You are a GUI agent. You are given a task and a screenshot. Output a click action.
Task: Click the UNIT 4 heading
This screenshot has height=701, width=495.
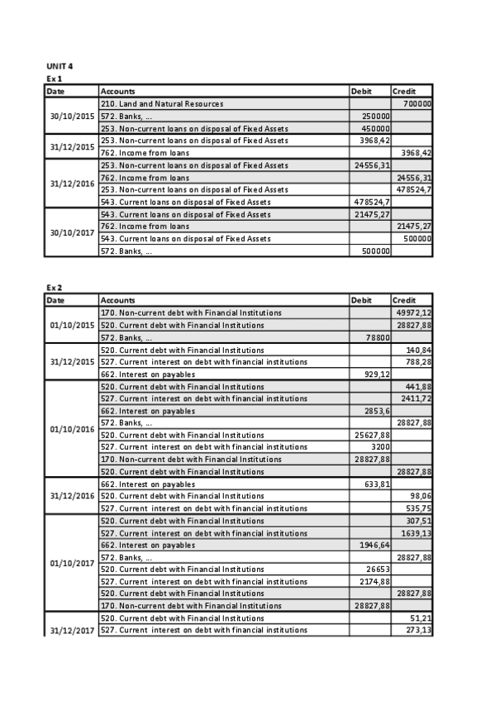(x=59, y=65)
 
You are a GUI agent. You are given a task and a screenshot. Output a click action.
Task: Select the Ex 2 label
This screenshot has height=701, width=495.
(x=54, y=287)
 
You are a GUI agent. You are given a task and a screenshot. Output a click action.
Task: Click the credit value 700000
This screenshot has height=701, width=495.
(x=417, y=104)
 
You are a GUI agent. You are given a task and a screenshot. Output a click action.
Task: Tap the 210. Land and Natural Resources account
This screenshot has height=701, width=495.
(x=162, y=104)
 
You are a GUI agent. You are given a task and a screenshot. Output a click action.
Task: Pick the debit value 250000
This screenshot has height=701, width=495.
(x=376, y=117)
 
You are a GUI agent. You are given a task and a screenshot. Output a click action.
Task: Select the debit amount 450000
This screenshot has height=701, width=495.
(x=376, y=129)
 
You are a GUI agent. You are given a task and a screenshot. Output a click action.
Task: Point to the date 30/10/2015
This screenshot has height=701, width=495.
(x=73, y=117)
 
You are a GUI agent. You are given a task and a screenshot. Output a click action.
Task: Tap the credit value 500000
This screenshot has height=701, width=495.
(x=417, y=238)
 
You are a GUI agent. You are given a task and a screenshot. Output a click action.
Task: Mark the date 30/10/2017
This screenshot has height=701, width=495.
(x=73, y=232)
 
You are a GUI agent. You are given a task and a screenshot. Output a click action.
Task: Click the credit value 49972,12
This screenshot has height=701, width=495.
(x=414, y=313)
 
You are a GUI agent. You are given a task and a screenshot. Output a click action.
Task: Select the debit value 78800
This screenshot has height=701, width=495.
(x=378, y=337)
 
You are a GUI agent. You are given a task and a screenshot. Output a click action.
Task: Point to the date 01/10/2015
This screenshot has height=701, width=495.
(x=73, y=325)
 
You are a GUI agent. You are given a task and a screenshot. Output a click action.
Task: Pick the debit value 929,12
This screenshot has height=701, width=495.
(x=376, y=374)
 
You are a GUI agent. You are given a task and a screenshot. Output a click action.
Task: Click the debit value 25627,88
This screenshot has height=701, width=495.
(x=373, y=435)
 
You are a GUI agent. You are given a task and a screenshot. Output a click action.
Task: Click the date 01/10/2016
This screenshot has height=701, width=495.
(x=73, y=429)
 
